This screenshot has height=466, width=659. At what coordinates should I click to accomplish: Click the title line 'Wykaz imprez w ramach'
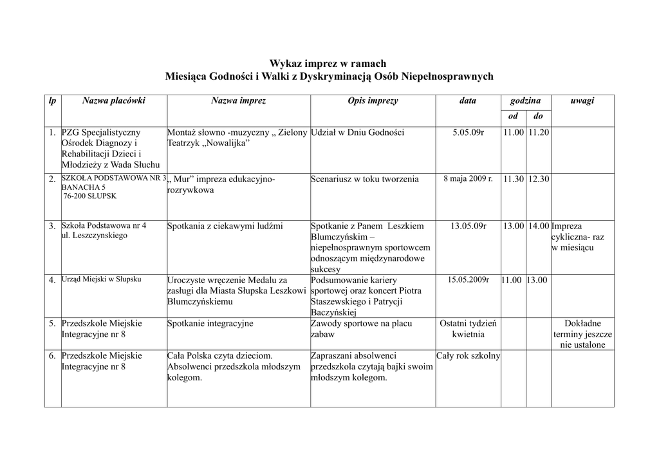[328, 63]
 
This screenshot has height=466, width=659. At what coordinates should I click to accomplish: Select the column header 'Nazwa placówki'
[113, 101]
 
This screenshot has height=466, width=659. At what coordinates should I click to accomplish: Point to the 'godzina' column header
[525, 101]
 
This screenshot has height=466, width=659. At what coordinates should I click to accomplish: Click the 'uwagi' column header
[582, 101]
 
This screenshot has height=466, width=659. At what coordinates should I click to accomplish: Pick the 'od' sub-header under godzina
[513, 116]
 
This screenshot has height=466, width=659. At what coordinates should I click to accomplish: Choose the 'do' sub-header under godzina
[538, 116]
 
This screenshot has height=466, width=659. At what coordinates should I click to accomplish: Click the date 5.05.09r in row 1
[468, 133]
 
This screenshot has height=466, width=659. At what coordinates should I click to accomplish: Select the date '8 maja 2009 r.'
[468, 179]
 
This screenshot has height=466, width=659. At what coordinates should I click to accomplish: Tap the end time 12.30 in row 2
[539, 180]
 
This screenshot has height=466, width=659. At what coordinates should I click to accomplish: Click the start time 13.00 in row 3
[514, 226]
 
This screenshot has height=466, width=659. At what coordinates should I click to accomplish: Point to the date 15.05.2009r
[468, 280]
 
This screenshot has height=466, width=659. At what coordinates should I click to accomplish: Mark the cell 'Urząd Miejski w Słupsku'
[101, 280]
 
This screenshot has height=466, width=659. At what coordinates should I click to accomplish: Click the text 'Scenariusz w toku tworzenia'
[364, 180]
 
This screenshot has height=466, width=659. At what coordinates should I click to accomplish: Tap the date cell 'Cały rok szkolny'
[468, 356]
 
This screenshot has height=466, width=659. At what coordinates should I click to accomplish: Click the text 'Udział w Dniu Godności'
[357, 133]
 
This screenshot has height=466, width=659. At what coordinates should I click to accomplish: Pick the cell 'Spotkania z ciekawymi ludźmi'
[225, 226]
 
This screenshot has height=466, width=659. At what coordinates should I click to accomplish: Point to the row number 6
[51, 356]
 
